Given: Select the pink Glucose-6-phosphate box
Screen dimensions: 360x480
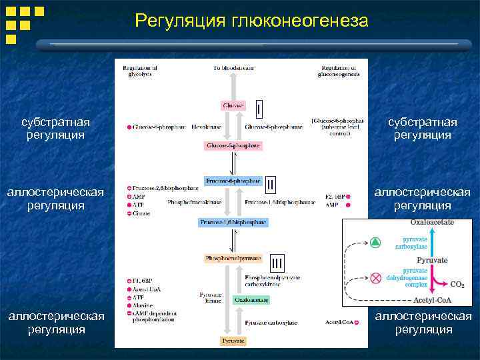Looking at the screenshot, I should tap(233, 145).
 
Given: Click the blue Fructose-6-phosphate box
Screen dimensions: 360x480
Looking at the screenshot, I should tap(233, 181).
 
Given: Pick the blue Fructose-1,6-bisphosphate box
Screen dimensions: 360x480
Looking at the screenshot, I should tap(233, 221).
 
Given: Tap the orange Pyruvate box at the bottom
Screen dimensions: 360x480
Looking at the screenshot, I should tap(233, 341).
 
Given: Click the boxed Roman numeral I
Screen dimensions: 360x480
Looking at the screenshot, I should tap(259, 107).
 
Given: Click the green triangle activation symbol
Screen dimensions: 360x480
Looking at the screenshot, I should tap(376, 242).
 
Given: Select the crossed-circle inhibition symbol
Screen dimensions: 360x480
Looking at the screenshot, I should tap(376, 276).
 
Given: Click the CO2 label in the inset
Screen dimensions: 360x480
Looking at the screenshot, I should tap(457, 285).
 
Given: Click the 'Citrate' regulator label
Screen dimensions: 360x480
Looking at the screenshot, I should tap(142, 214).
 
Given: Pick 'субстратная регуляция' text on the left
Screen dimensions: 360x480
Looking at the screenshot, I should tap(55, 129).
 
